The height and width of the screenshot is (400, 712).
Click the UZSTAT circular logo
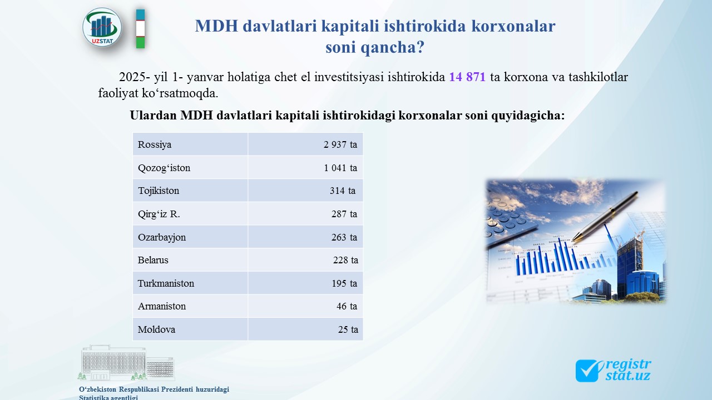click(102, 28)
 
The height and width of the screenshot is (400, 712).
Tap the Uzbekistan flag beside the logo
click(141, 28)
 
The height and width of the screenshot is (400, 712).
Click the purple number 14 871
click(467, 77)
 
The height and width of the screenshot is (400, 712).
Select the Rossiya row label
click(155, 144)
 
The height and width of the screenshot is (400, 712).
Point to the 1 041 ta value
click(340, 168)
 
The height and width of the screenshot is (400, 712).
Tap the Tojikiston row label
click(159, 191)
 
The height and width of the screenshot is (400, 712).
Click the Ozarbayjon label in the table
click(162, 237)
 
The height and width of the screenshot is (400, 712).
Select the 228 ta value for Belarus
click(345, 260)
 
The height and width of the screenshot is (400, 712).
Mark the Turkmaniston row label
click(166, 283)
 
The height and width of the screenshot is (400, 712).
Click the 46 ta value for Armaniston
click(347, 306)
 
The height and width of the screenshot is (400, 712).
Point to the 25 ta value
click(348, 329)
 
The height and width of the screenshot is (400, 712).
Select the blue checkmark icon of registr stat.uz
click(588, 371)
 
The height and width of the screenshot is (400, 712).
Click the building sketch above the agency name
click(126, 363)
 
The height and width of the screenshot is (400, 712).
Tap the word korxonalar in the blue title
click(513, 26)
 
